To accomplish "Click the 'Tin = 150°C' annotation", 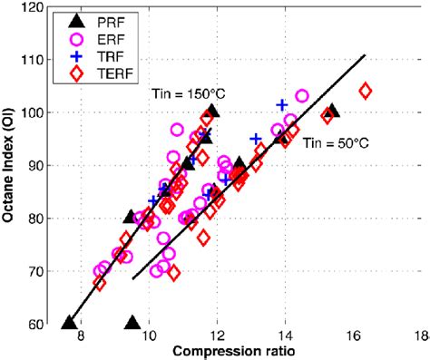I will click(x=182, y=94).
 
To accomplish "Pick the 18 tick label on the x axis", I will click(x=419, y=335).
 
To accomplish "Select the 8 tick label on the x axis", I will click(x=82, y=335).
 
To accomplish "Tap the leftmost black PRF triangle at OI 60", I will click(x=69, y=322).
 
